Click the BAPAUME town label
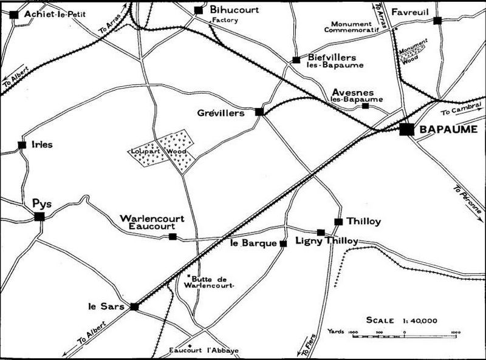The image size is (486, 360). click(x=448, y=130)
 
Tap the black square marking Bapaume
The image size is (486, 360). click(x=407, y=129)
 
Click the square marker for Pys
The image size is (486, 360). click(x=39, y=216)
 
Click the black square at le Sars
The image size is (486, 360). click(x=134, y=307)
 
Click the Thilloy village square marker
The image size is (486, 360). click(x=338, y=222)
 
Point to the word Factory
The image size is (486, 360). click(x=224, y=20)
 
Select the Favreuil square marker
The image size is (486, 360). click(x=437, y=21)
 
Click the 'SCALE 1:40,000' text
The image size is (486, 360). click(x=402, y=321)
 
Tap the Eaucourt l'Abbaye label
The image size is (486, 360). click(x=204, y=351)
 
